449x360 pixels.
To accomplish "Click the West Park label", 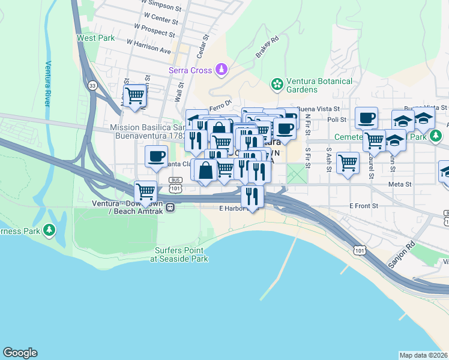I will click(x=95, y=38).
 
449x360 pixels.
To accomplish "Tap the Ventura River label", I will click(x=47, y=83).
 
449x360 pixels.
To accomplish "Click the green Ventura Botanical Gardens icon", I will click(x=277, y=85).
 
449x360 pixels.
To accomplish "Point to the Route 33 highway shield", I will click(x=91, y=85).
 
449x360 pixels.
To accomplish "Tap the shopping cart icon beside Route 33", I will click(x=135, y=95).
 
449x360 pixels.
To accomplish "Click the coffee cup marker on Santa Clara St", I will click(x=157, y=157).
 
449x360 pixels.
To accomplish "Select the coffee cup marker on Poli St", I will click(x=366, y=118).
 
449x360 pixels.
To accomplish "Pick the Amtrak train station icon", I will click(x=170, y=208).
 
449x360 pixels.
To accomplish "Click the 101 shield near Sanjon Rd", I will click(x=358, y=248).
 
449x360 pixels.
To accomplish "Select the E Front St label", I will click(x=364, y=206).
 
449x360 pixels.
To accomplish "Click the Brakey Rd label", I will click(x=267, y=47).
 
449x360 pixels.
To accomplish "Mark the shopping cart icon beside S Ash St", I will click(x=348, y=162).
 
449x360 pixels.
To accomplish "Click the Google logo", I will click(x=20, y=353).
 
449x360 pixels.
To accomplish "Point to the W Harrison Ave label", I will click(x=149, y=46).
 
